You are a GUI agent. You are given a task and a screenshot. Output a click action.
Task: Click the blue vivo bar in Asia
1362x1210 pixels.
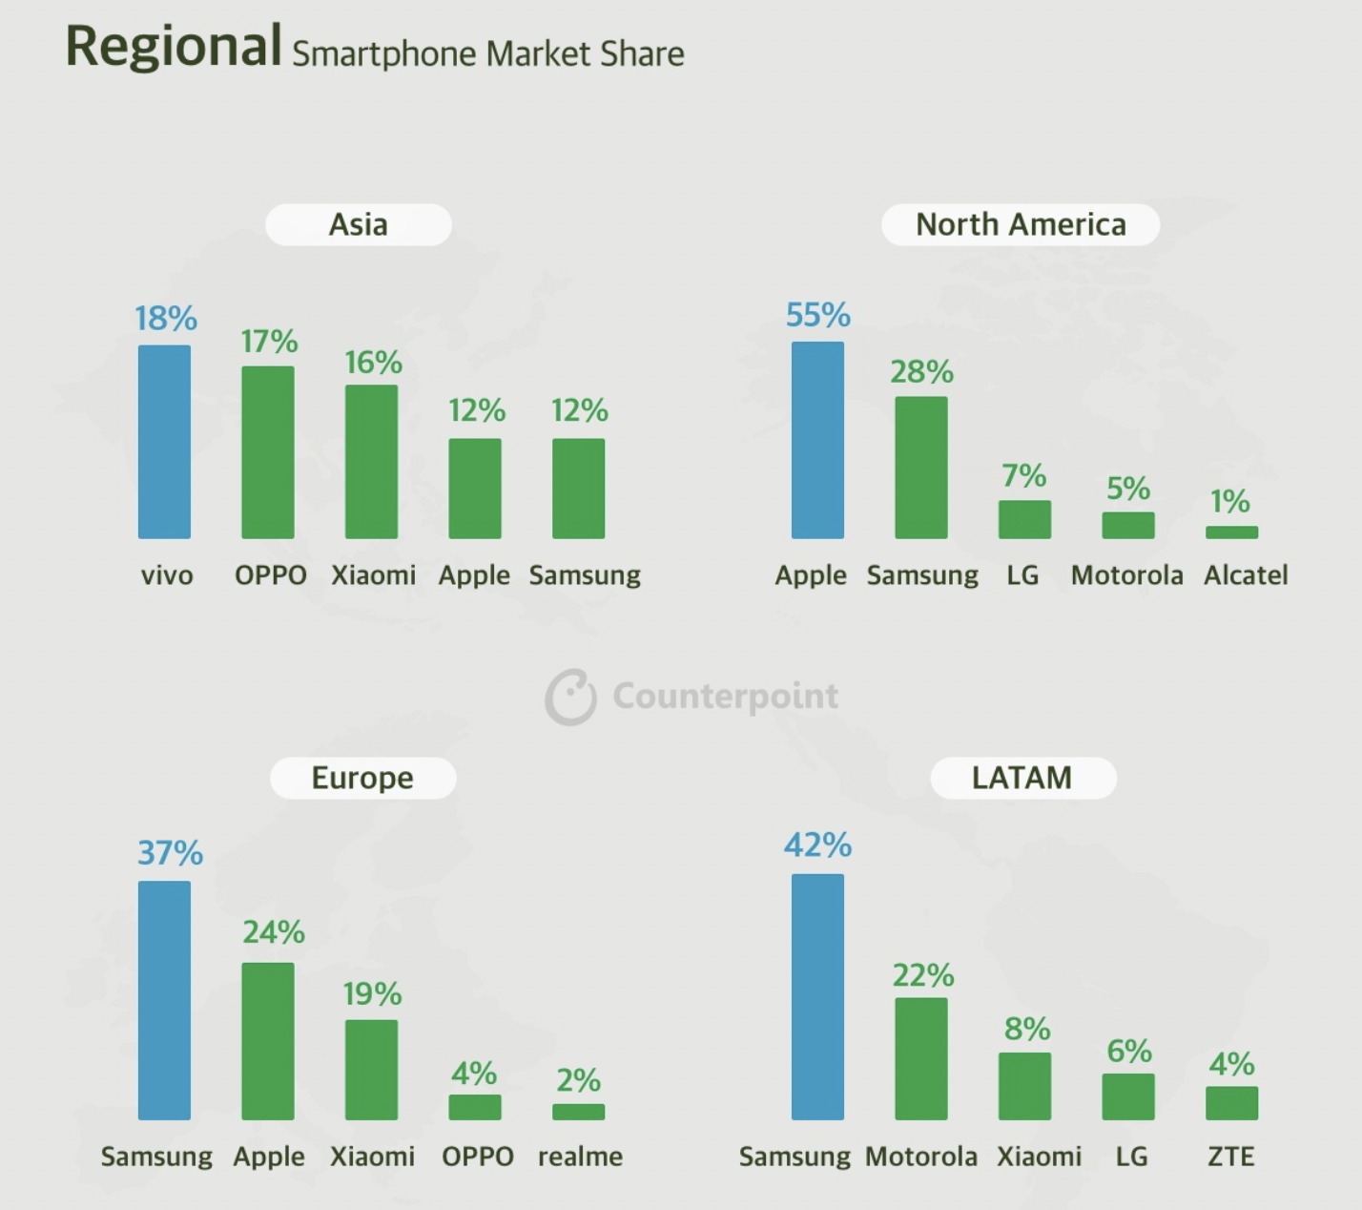coord(164,442)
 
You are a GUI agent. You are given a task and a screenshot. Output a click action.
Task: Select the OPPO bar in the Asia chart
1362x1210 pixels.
coord(268,452)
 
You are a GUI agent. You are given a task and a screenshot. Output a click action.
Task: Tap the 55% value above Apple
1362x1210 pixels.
coord(817,315)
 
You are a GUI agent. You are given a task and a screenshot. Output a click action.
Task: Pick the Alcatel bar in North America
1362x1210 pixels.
coord(1231,532)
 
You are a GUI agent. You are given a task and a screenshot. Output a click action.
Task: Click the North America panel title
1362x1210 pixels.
coord(1021,224)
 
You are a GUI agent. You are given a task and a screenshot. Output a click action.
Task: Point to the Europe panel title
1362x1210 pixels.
coord(362,778)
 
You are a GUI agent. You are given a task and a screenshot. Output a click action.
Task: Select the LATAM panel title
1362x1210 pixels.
coord(1022,778)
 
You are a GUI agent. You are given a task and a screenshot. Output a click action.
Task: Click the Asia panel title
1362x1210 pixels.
coord(359,224)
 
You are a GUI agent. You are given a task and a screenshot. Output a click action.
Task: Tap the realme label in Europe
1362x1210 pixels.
coord(580,1157)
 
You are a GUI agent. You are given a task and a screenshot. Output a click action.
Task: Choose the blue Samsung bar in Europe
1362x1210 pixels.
coord(164,1000)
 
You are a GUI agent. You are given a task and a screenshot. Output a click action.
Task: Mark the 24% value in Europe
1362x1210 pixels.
coord(274,932)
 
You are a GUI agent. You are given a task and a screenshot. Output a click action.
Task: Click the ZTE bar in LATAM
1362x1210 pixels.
coord(1231,1103)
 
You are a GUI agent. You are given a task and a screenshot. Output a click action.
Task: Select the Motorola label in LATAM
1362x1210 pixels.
coord(921,1157)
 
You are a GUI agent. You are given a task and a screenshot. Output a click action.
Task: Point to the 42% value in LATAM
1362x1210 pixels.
coord(817,845)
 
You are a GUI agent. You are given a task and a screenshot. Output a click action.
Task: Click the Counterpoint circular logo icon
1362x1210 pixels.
coord(570,697)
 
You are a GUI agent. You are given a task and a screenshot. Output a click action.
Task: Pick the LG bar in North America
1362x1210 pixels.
coord(1024,520)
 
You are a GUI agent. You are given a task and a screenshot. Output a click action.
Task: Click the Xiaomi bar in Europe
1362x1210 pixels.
coord(371,1070)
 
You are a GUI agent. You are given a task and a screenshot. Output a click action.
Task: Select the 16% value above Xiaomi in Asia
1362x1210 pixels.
coord(373,363)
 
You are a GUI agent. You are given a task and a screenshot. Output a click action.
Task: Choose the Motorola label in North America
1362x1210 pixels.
coord(1126,575)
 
